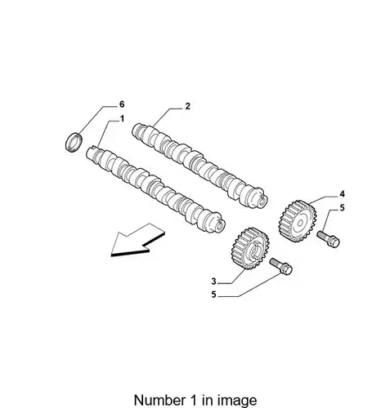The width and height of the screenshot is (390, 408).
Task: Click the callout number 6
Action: pyautogui.click(x=122, y=104)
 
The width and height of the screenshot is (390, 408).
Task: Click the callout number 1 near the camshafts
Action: pyautogui.click(x=122, y=119)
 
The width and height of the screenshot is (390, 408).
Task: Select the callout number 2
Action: pyautogui.click(x=187, y=106)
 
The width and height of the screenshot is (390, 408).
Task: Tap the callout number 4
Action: pyautogui.click(x=342, y=194)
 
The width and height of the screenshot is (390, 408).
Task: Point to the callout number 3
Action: pyautogui.click(x=213, y=282)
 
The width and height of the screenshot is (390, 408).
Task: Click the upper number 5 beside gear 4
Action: pyautogui.click(x=342, y=208)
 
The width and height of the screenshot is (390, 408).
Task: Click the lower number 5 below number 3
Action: pyautogui.click(x=213, y=295)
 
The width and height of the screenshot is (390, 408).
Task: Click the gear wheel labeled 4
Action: pyautogui.click(x=298, y=221)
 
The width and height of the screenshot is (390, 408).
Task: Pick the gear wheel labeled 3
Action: pyautogui.click(x=250, y=248)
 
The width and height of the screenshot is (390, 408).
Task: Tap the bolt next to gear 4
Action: pyautogui.click(x=328, y=238)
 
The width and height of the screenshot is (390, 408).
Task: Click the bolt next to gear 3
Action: pyautogui.click(x=280, y=266)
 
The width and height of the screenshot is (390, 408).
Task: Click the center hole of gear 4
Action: pyautogui.click(x=300, y=224)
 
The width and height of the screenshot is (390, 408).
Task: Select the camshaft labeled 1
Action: pyautogui.click(x=155, y=188)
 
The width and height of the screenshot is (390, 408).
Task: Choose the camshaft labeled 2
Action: pyautogui.click(x=199, y=165)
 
